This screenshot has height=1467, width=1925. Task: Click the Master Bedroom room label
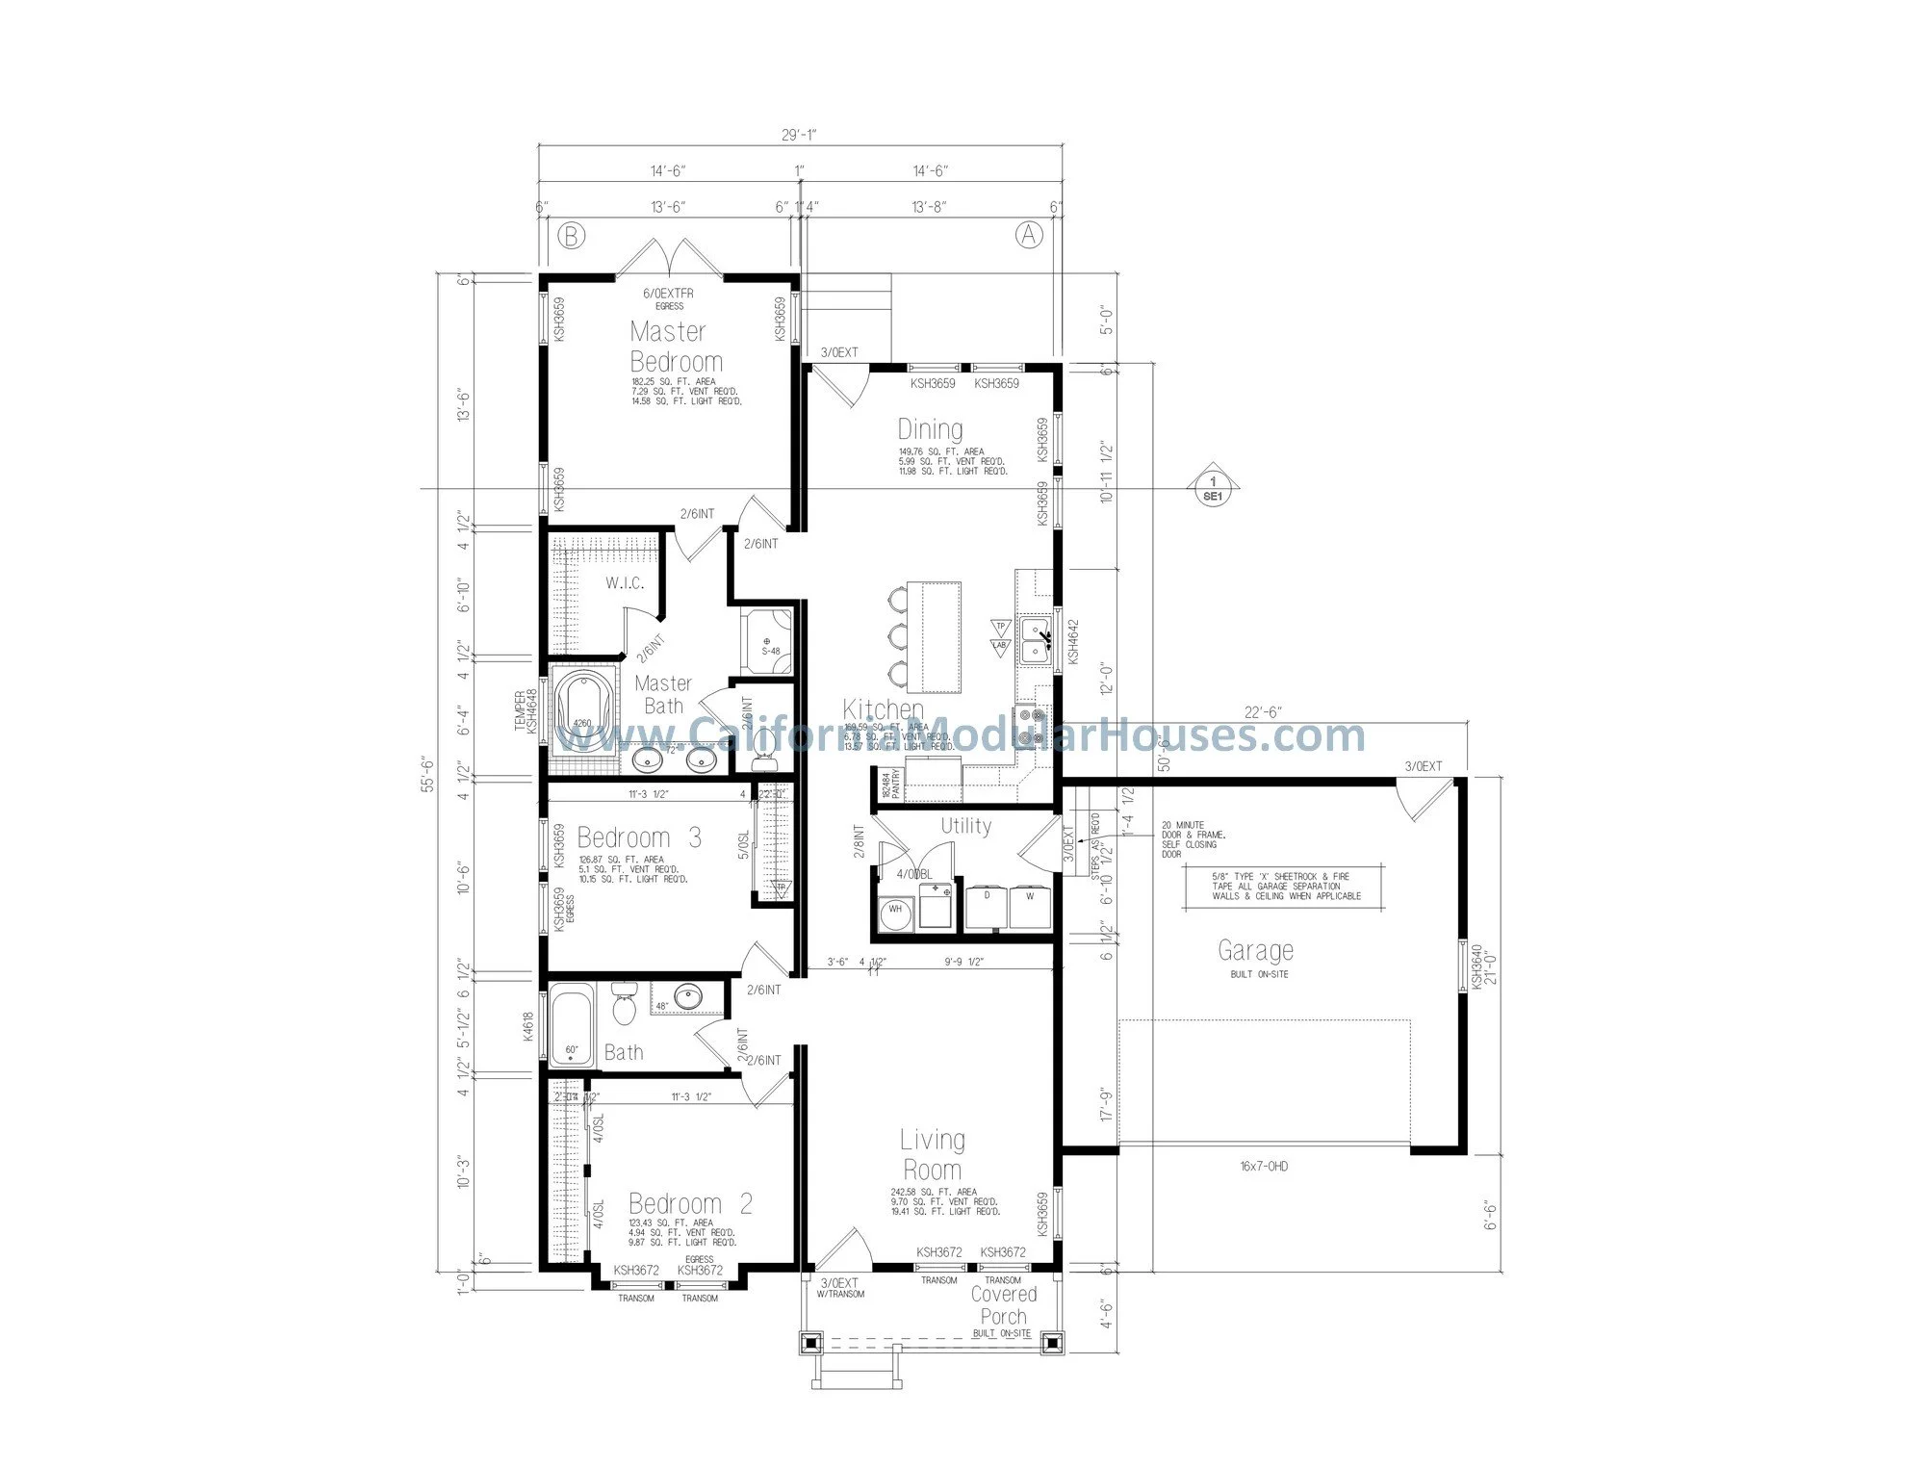[676, 347]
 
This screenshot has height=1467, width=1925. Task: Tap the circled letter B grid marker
[572, 236]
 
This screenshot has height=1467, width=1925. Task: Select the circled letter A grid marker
[1029, 235]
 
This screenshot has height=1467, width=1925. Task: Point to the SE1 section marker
[1212, 489]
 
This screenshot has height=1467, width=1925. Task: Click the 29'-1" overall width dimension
[800, 136]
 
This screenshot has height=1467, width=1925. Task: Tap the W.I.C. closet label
[625, 583]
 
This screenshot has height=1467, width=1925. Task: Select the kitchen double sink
[1035, 640]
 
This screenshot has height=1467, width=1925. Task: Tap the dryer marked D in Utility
[986, 906]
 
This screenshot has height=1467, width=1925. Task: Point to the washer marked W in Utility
[1030, 906]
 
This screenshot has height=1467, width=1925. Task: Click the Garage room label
[1255, 951]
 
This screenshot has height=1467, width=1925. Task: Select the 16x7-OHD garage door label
[1264, 1167]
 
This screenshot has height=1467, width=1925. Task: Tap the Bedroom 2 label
[690, 1204]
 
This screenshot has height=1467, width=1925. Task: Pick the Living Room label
[932, 1155]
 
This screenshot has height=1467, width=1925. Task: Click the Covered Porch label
[1003, 1305]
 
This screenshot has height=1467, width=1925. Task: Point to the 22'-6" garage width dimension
[1263, 712]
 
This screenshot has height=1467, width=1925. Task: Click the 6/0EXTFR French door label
[668, 294]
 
